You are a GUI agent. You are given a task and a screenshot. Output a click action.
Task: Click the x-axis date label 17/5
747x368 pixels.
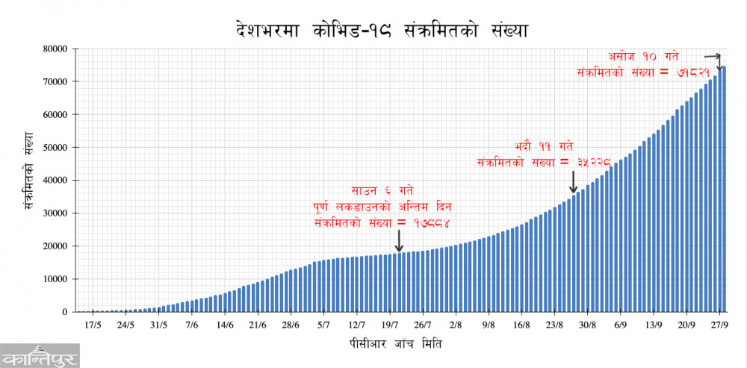pos(93,325)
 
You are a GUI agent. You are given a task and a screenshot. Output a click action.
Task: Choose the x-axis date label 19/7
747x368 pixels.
pos(389,325)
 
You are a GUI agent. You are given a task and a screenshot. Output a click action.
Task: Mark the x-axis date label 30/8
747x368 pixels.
pos(587,325)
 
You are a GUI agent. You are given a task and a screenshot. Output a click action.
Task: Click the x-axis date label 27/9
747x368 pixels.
pos(719,325)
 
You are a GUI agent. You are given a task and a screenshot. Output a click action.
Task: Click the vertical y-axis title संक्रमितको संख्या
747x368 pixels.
pos(29,179)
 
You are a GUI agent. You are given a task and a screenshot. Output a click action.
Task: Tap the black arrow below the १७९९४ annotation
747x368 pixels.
pos(399,240)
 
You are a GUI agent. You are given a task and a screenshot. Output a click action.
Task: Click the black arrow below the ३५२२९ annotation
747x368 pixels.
pos(573,181)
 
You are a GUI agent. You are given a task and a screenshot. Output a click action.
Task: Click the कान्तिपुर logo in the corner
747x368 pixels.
pos(40,355)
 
